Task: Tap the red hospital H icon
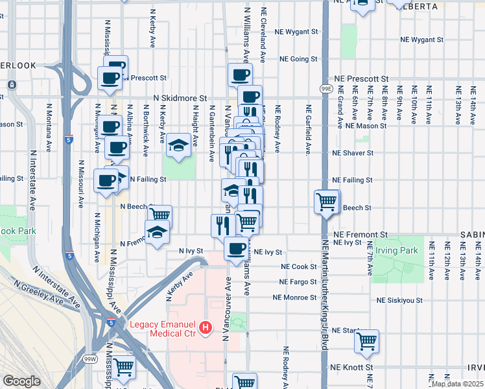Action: (206, 329)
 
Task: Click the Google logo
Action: (21, 381)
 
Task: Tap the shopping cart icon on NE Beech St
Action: (326, 202)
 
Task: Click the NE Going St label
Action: (298, 59)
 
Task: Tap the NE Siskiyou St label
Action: (399, 301)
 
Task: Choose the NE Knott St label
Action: (351, 367)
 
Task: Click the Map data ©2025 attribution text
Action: (457, 384)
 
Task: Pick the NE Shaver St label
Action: (353, 153)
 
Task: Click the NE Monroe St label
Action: (295, 298)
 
